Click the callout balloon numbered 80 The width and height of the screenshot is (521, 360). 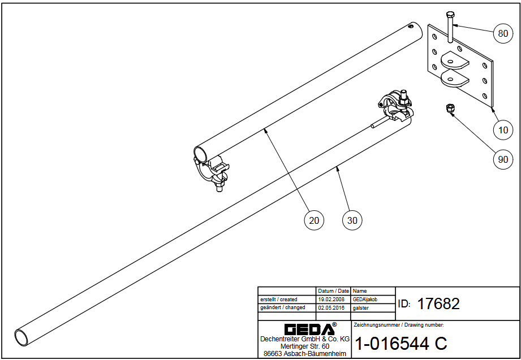tap(503, 34)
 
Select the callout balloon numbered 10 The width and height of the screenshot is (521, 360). tap(503, 130)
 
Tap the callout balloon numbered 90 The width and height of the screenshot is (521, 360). tap(503, 159)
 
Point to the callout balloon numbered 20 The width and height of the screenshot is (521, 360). tap(314, 220)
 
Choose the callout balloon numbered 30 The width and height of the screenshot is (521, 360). tap(352, 220)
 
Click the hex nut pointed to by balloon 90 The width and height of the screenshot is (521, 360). tap(450, 108)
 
